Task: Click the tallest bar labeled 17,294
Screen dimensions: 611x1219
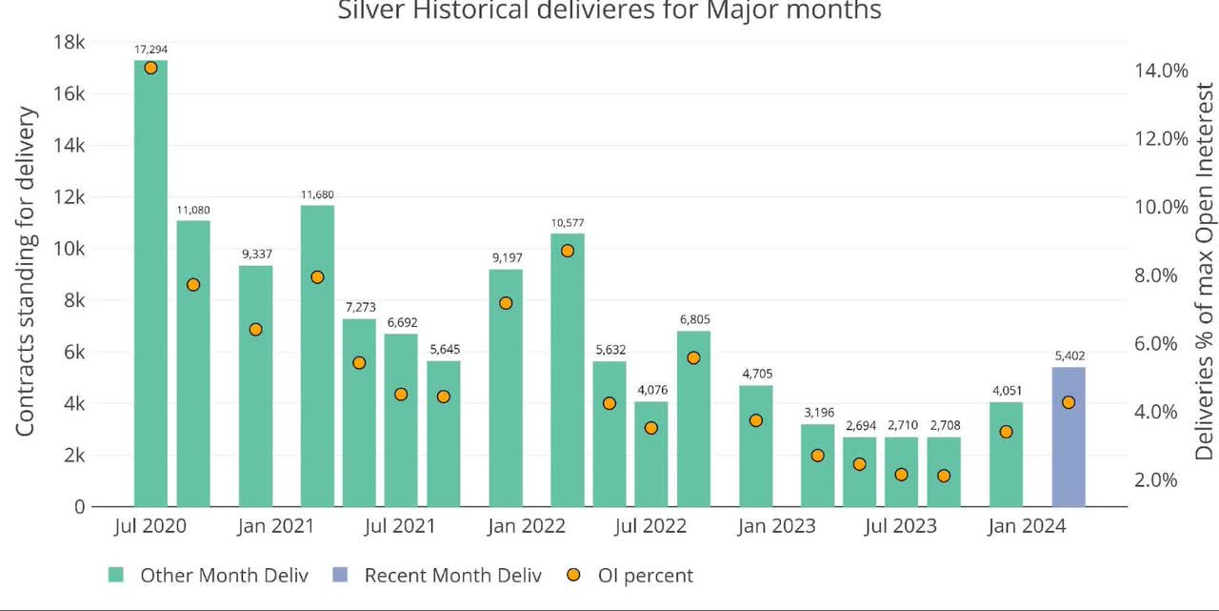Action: point(150,286)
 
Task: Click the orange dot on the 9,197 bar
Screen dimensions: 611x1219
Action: point(506,303)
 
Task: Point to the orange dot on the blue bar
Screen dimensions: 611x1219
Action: point(1068,402)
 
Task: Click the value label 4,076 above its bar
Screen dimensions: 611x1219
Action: point(651,390)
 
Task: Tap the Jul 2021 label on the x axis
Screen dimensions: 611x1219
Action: point(400,526)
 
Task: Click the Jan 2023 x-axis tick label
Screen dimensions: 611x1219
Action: point(776,526)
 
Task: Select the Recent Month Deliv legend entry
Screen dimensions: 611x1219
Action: point(452,576)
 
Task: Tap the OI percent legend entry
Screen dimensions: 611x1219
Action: point(645,576)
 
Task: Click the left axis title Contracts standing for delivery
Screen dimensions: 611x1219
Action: point(26,272)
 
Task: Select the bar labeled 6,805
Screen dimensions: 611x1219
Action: point(693,419)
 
